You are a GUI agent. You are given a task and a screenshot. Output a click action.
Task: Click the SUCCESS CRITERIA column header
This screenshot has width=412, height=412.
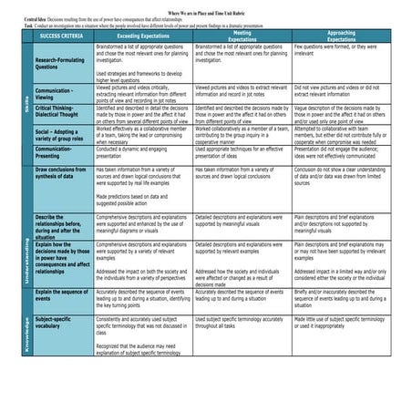point(62,37)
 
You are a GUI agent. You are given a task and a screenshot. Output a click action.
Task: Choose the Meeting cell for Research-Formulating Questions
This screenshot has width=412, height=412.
point(242,54)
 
